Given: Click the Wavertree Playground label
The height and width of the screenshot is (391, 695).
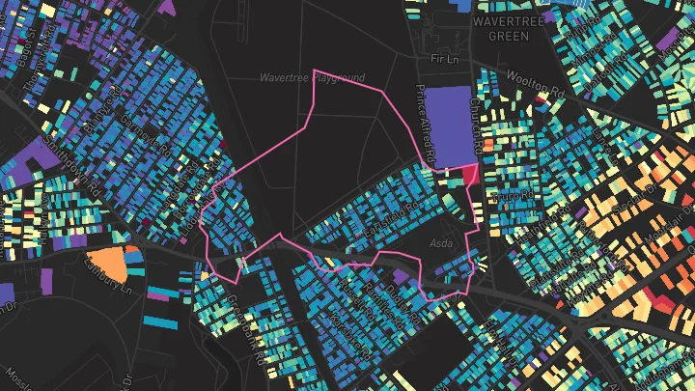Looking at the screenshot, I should tap(312, 77).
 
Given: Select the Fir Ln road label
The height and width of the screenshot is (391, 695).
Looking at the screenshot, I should tap(441, 60).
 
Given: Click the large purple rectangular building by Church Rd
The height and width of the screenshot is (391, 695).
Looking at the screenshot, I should tap(449, 127).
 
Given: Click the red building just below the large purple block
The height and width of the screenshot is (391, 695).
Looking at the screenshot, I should tap(470, 175).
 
